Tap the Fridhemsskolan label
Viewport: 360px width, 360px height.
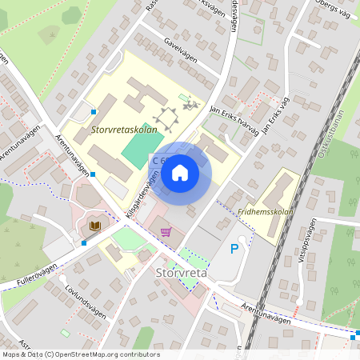click(266, 212)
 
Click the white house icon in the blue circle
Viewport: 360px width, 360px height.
click(180, 172)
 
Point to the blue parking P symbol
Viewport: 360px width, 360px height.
click(234, 249)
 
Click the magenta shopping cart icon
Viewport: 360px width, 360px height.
click(166, 232)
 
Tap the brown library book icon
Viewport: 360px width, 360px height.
click(94, 227)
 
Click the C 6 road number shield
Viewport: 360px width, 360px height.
click(158, 161)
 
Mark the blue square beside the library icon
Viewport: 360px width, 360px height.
click(83, 242)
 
